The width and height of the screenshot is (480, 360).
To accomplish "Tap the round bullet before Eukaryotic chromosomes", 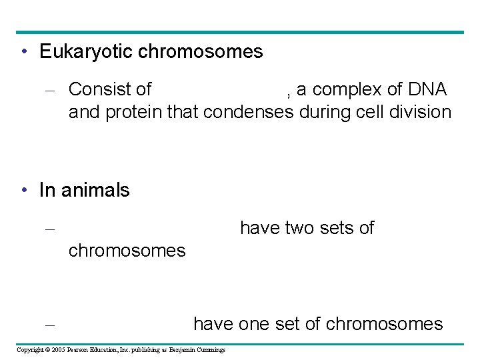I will (24, 52).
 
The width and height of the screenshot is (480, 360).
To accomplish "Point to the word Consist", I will (99, 89).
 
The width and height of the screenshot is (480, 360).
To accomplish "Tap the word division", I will (419, 111).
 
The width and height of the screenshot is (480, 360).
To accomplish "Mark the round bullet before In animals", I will (24, 191).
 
